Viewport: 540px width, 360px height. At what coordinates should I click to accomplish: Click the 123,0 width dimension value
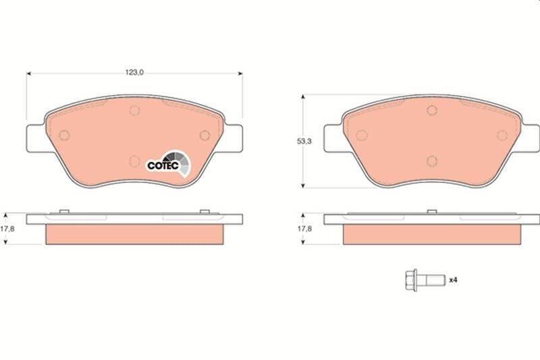tap(134, 72)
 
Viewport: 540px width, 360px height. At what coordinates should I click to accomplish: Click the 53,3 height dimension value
tap(304, 141)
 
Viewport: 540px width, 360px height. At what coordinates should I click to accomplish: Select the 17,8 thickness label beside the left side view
tap(7, 228)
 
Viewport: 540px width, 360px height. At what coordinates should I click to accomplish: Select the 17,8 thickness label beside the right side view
tap(304, 228)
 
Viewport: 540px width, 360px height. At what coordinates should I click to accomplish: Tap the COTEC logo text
tap(163, 165)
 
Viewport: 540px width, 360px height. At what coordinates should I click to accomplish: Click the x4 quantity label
tap(453, 280)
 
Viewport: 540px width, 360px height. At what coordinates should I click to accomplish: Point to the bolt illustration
tap(425, 280)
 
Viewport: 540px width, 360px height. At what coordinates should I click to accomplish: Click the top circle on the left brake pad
tap(134, 110)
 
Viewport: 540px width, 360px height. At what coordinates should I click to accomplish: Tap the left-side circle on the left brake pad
tap(64, 135)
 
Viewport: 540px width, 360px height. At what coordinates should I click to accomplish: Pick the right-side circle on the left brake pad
tap(205, 135)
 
